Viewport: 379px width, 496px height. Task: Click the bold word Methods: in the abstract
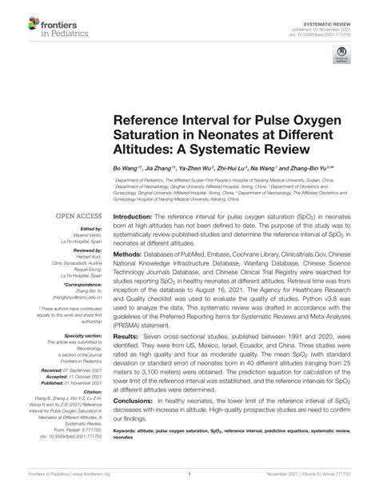point(128,252)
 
